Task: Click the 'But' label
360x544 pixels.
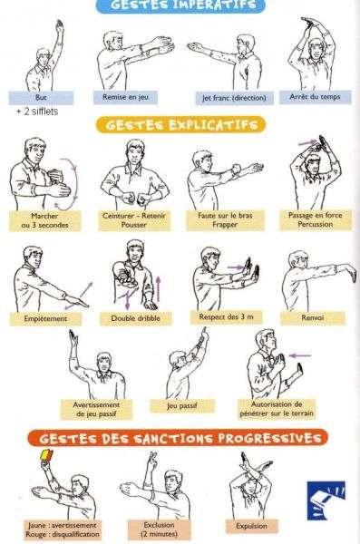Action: tap(42, 97)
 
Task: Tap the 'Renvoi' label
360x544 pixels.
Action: tap(313, 318)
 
